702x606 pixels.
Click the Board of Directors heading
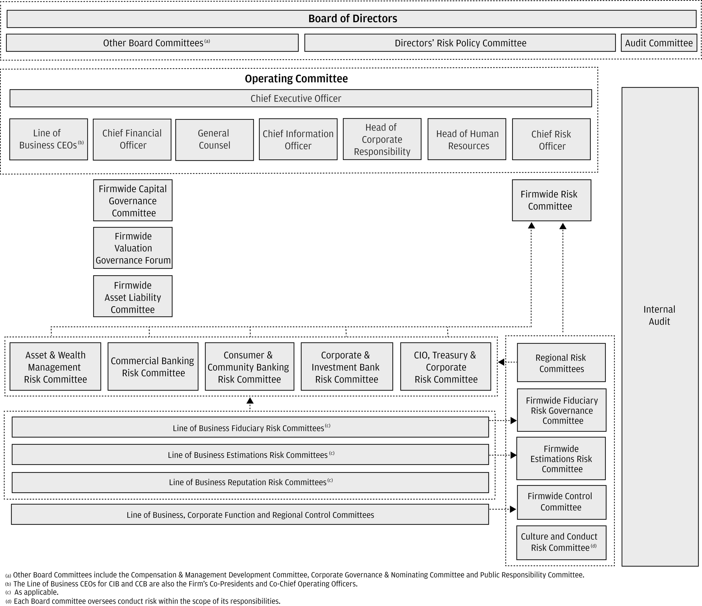click(352, 19)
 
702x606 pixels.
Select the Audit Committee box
click(659, 43)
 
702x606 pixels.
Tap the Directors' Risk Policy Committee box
click(460, 43)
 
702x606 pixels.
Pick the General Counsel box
click(214, 139)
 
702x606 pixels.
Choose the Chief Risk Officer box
click(551, 139)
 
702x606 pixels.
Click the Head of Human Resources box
click(467, 139)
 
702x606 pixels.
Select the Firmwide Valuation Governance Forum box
click(133, 248)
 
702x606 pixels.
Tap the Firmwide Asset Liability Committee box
click(133, 297)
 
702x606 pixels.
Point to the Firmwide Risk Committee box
click(551, 200)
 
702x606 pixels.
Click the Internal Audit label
click(659, 315)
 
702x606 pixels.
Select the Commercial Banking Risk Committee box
click(153, 367)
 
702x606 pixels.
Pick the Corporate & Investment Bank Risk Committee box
click(347, 367)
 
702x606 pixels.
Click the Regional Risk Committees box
click(561, 363)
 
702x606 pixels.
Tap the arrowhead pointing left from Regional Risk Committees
click(501, 362)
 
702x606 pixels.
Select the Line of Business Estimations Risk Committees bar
click(250, 455)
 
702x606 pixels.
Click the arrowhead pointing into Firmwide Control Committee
click(513, 509)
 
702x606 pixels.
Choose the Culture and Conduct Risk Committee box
click(561, 542)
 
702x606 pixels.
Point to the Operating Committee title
click(296, 79)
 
